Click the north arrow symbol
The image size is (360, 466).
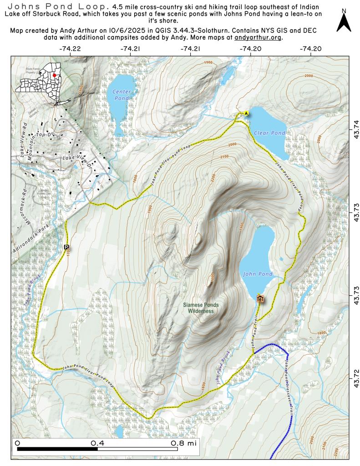click(344, 22)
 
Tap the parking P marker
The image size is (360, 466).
click(66, 247)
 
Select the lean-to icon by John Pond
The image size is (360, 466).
click(260, 299)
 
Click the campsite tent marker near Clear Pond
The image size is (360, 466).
click(246, 112)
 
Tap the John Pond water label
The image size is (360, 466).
click(258, 274)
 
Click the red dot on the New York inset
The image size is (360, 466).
click(54, 75)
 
